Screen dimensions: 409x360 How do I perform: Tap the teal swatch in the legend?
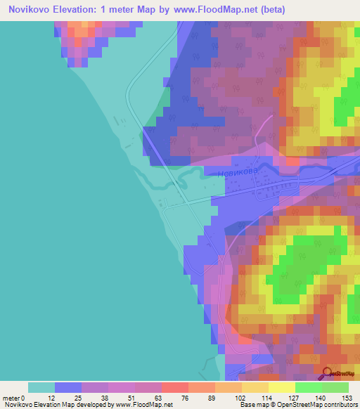pyautogui.click(x=41, y=387)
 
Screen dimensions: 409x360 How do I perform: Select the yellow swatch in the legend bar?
pyautogui.click(x=282, y=387)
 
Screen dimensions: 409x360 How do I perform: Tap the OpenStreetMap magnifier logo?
pyautogui.click(x=328, y=372)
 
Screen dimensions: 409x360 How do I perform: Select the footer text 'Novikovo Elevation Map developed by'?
pyautogui.click(x=58, y=405)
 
